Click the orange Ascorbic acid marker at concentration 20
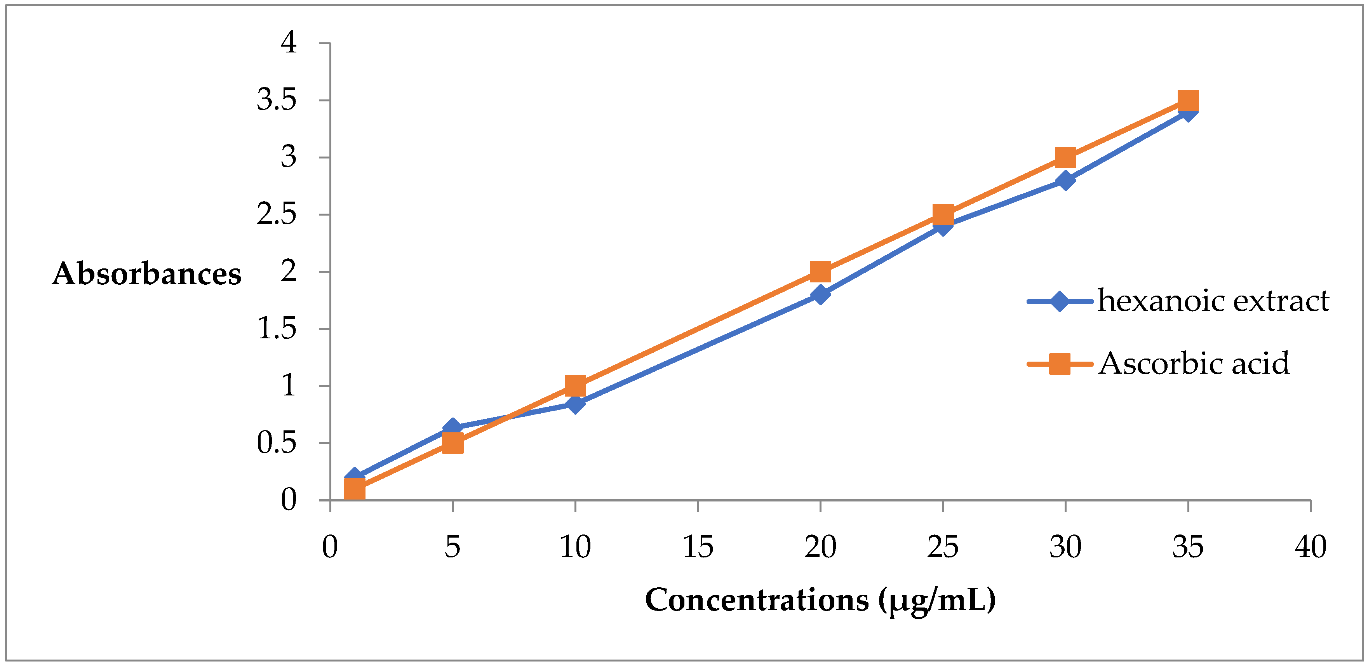[x=820, y=272]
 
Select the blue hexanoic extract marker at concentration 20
[x=820, y=294]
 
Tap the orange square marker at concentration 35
[x=1188, y=100]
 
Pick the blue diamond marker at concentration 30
[x=1065, y=181]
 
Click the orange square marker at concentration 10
[x=575, y=386]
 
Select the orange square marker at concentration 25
[x=943, y=214]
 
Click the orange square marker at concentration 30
[x=1065, y=157]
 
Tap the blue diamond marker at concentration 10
[x=575, y=405]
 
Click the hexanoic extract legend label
[x=1213, y=301]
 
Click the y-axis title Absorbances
[x=146, y=274]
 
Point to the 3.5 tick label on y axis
[x=276, y=100]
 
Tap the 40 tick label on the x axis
[x=1310, y=547]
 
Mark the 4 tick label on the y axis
[x=288, y=42]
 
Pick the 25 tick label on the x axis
[x=943, y=547]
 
